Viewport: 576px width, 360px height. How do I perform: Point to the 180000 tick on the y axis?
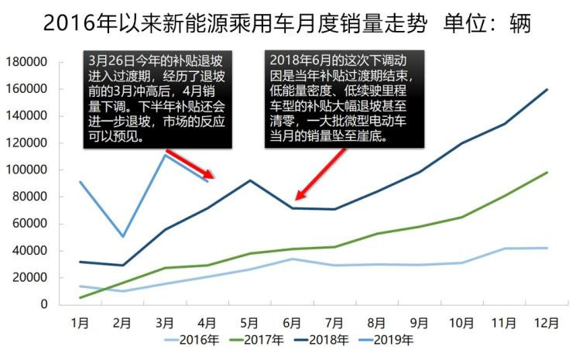click(27, 62)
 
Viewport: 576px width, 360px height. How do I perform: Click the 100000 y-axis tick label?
click(27, 170)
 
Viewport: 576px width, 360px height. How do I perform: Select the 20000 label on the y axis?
click(30, 277)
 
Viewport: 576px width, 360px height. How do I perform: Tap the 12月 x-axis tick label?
click(547, 322)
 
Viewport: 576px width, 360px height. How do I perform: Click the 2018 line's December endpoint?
click(547, 89)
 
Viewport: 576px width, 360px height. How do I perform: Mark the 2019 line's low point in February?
click(122, 236)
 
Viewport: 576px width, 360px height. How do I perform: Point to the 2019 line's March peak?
click(165, 155)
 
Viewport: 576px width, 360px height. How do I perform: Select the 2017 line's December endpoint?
click(547, 173)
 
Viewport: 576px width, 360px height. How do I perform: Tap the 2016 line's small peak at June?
click(292, 259)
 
